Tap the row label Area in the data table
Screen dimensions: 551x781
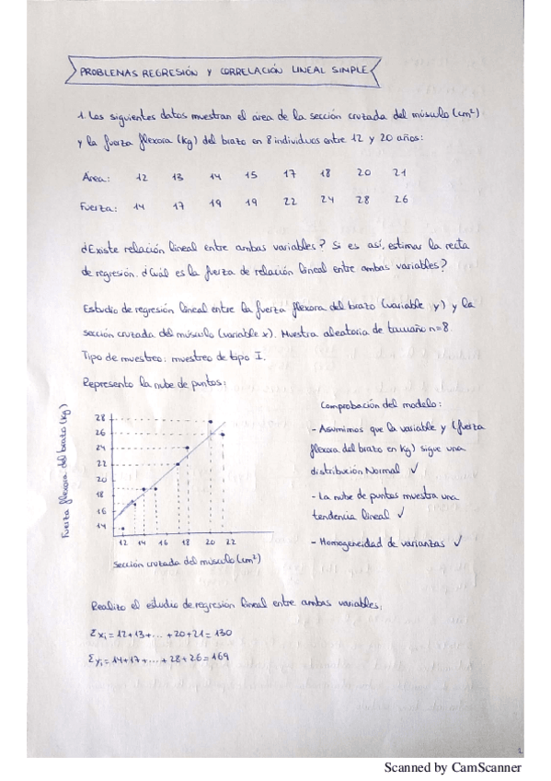click(x=96, y=178)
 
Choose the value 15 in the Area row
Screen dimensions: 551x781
click(x=250, y=175)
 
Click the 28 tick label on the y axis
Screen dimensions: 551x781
click(x=101, y=417)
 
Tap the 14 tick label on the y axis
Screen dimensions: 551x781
click(x=100, y=526)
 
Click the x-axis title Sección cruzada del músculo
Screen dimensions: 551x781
click(x=185, y=560)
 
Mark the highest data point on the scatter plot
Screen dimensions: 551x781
click(x=211, y=420)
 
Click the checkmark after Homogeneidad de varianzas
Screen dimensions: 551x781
click(x=457, y=542)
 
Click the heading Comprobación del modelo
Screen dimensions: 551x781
click(x=381, y=406)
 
